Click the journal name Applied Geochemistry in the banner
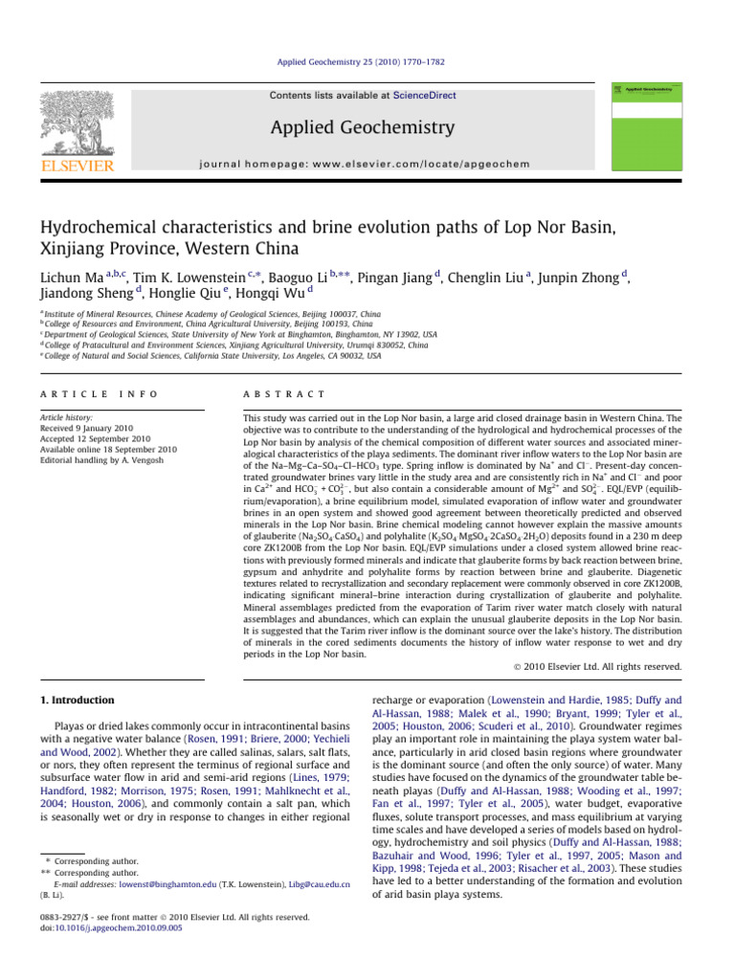pos(362,127)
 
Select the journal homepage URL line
pos(362,165)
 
